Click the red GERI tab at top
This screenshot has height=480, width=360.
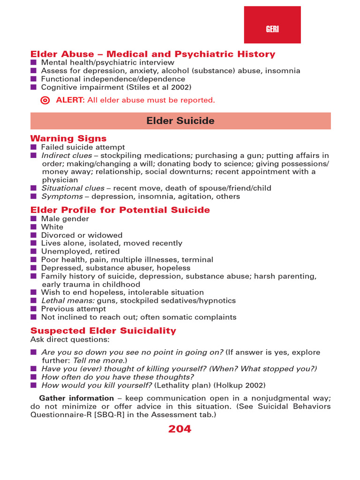pos(272,25)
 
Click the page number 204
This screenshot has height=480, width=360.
pos(180,429)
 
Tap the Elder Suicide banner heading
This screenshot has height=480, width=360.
pos(180,121)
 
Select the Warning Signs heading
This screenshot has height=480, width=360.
pos(68,138)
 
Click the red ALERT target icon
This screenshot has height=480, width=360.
pos(45,100)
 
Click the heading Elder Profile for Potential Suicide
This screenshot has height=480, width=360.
pos(120,210)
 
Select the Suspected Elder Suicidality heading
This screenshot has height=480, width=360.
pos(103,330)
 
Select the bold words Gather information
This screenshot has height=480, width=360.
pos(70,398)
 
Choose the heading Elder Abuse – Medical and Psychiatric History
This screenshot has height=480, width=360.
pos(153,54)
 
